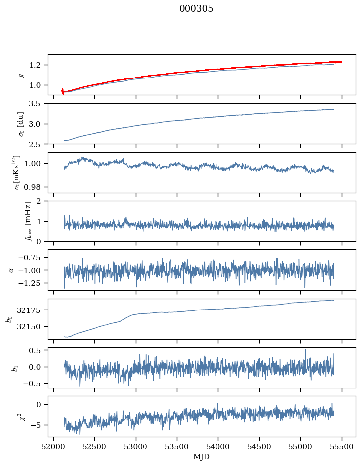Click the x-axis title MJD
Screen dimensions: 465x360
click(x=202, y=456)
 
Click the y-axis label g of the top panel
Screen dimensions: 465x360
click(x=21, y=75)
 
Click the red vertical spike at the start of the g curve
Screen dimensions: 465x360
click(x=62, y=91)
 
